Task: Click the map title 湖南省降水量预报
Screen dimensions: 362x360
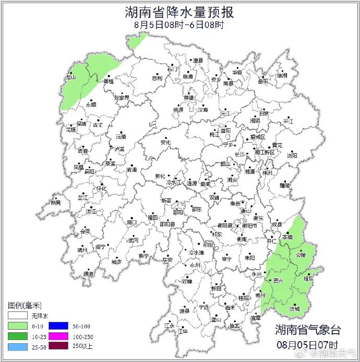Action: (179, 11)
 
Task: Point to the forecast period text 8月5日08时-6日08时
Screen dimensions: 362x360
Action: (179, 24)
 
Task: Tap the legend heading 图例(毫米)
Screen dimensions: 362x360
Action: (25, 305)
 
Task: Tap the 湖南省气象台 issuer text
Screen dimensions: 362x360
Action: (308, 330)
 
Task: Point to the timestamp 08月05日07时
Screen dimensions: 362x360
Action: (308, 345)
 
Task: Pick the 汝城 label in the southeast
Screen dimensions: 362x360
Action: (295, 309)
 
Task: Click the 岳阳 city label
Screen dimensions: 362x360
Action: (262, 81)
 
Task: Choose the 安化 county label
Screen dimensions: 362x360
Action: (165, 142)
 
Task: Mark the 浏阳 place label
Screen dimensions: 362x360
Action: (292, 155)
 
